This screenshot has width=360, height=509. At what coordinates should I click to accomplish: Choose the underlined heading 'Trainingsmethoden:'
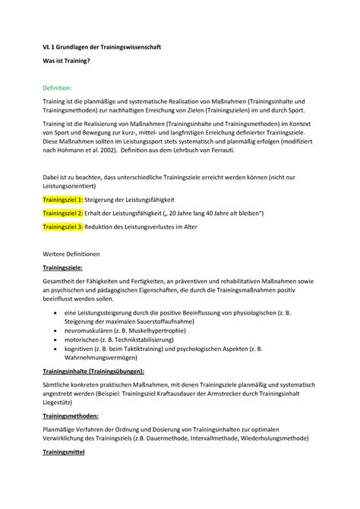[74, 426]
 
